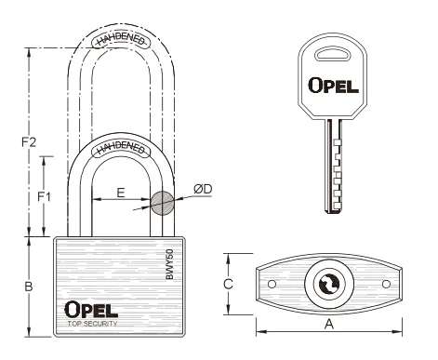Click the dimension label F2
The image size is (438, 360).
pos(29,142)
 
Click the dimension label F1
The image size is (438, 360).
pos(44,196)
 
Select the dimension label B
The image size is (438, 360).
pos(29,287)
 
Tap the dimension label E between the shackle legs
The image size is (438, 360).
pos(121,193)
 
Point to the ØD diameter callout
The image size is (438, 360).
pos(203,189)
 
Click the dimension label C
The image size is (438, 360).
pos(228,284)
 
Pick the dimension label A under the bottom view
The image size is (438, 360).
pos(329,325)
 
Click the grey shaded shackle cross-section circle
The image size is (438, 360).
pos(162,203)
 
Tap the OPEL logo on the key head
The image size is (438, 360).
pos(333,86)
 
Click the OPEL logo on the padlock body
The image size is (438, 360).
pos(91,309)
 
